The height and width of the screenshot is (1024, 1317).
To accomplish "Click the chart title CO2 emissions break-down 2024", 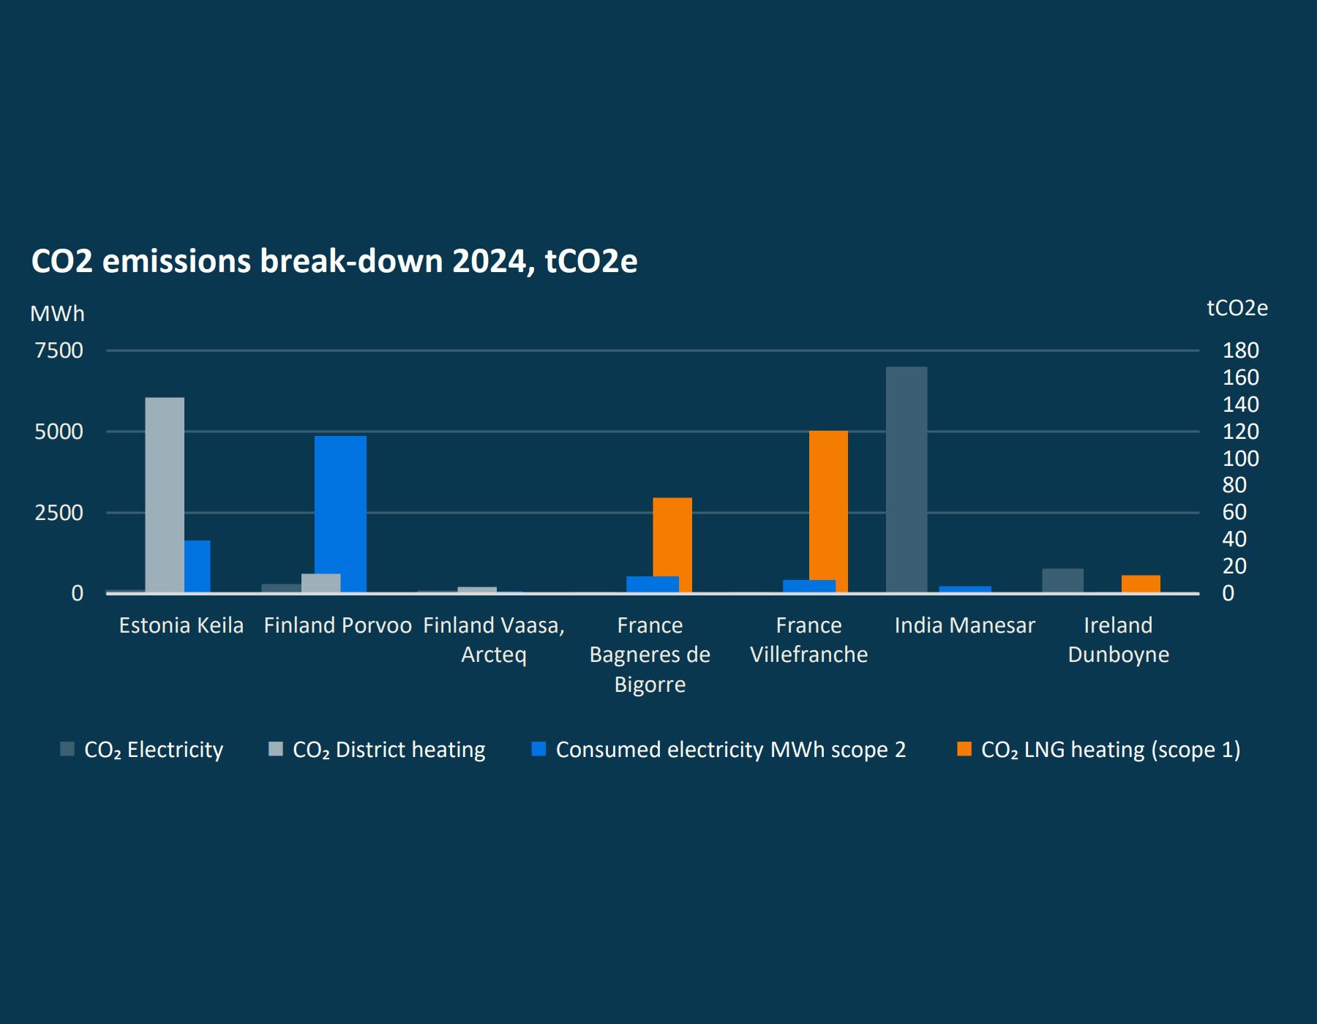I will coord(334,261).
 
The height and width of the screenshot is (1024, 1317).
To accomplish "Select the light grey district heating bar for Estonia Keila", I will coord(165,494).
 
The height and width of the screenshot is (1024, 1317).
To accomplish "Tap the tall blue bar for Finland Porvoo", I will coord(340,513).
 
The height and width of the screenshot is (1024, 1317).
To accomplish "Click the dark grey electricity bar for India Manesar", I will coord(907,479).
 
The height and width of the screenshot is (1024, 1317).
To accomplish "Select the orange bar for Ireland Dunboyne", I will coord(1141,584).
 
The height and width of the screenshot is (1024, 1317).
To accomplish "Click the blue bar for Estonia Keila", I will coord(198,566).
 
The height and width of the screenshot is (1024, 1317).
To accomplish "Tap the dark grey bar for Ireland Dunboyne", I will coord(1062,580).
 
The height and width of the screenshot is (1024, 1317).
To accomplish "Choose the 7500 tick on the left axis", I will coord(59,350).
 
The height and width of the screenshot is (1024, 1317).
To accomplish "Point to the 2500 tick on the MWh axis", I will coord(59,512).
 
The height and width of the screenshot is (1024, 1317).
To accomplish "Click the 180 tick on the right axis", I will coord(1240,350).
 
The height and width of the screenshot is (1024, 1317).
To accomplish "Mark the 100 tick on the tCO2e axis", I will coord(1240,459).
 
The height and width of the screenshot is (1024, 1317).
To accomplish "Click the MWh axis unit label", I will coord(57,314).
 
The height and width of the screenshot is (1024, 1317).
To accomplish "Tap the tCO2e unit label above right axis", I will coord(1237,308).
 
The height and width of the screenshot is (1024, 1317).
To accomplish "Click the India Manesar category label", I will coord(964,625).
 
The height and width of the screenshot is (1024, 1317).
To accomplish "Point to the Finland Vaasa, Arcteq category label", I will coord(494,639).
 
